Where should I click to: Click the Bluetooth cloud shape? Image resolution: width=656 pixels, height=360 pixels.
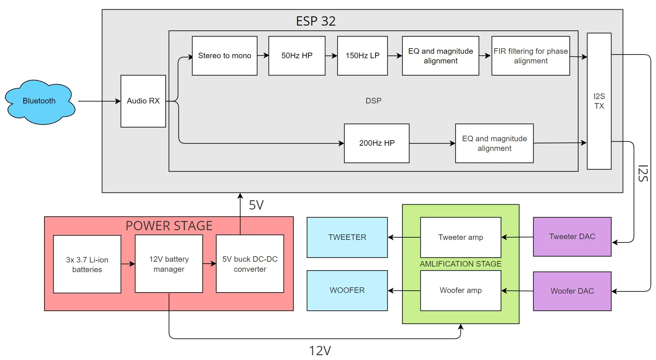pyautogui.click(x=39, y=101)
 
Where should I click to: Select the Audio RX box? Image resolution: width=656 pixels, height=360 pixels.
pyautogui.click(x=143, y=101)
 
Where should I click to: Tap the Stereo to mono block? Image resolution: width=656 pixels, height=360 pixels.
pyautogui.click(x=225, y=56)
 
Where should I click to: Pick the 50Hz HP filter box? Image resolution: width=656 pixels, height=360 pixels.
pyautogui.click(x=297, y=56)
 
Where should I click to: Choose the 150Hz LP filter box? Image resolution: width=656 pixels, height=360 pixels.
pyautogui.click(x=362, y=56)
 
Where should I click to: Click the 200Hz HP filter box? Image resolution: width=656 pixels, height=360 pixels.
pyautogui.click(x=377, y=143)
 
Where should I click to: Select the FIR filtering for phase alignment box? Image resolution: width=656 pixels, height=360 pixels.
pyautogui.click(x=530, y=56)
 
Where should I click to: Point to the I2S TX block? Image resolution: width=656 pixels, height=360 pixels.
pyautogui.click(x=599, y=101)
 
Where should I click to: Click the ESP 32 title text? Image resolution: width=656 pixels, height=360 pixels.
pyautogui.click(x=316, y=21)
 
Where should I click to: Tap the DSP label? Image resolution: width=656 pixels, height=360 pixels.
pyautogui.click(x=373, y=101)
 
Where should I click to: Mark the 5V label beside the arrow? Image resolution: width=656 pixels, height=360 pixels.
pyautogui.click(x=256, y=205)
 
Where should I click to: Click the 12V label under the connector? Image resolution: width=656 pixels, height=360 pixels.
pyautogui.click(x=320, y=350)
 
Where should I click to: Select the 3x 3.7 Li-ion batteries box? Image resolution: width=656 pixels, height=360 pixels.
pyautogui.click(x=87, y=264)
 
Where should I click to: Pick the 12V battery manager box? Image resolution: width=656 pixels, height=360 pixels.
pyautogui.click(x=169, y=264)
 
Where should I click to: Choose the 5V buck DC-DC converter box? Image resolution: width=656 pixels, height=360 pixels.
pyautogui.click(x=250, y=264)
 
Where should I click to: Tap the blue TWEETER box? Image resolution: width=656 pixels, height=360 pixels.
pyautogui.click(x=347, y=237)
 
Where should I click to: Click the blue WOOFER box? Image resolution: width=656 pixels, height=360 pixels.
pyautogui.click(x=347, y=290)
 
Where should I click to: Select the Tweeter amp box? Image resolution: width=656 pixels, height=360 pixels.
pyautogui.click(x=461, y=237)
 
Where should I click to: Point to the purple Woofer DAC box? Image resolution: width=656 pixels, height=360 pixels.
pyautogui.click(x=572, y=291)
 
